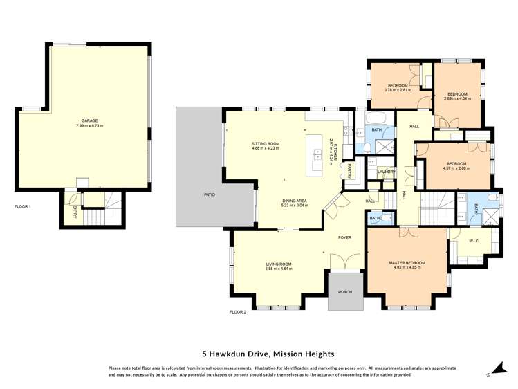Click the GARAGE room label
click(86, 120)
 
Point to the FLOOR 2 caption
click(238, 312)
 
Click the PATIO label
click(209, 194)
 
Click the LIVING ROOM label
click(279, 264)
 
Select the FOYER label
click(344, 237)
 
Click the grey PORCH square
click(344, 291)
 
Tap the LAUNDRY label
click(385, 172)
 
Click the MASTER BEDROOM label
click(407, 263)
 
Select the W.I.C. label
click(474, 242)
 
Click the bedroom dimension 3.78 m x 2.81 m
click(398, 90)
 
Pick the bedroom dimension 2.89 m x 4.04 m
click(457, 98)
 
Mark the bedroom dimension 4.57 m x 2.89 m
click(456, 168)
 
